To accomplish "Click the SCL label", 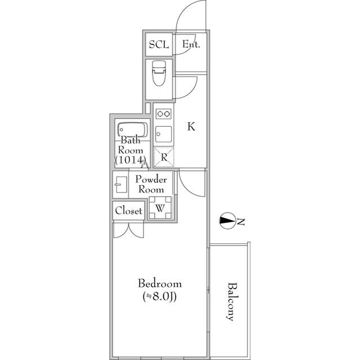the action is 159,44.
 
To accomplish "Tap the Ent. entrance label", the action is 191,44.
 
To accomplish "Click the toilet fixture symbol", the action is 159,73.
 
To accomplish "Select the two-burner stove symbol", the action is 164,114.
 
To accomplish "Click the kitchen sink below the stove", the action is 164,134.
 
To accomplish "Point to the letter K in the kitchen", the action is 191,126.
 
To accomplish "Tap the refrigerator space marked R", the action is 164,157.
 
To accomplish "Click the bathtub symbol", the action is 133,130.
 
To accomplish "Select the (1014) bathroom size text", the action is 130,160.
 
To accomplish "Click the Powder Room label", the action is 151,184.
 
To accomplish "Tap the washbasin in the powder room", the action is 121,184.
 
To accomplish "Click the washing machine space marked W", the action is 160,208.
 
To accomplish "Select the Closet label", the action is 129,210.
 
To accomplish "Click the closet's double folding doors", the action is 129,230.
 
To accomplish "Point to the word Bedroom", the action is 160,283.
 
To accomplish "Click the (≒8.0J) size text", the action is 160,296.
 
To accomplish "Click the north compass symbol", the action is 227,220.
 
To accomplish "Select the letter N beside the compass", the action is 241,222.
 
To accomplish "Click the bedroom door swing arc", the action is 186,190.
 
